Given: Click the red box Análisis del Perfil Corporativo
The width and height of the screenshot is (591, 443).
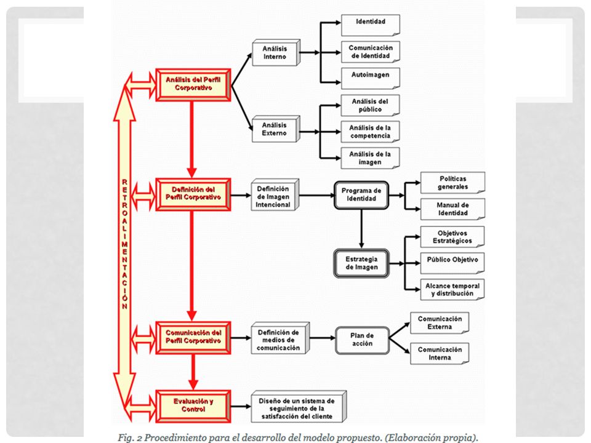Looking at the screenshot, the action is [193, 85].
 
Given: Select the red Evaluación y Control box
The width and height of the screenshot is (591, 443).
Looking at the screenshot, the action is [193, 406].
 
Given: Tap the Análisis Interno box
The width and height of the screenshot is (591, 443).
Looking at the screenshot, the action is [276, 53].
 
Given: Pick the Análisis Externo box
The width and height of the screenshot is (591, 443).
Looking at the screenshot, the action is [276, 129].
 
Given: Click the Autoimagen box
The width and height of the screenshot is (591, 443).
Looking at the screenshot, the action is [370, 78].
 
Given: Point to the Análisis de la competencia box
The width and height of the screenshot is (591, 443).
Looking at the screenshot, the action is [370, 132].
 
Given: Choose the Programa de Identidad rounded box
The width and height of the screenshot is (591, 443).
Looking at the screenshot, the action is [361, 195].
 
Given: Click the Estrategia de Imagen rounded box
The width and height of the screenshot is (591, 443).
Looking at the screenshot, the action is [361, 263].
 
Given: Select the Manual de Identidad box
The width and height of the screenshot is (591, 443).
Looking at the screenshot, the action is [452, 209].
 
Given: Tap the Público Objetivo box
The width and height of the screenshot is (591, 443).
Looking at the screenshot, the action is [452, 263].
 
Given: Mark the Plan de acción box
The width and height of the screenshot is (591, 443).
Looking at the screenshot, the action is [362, 340].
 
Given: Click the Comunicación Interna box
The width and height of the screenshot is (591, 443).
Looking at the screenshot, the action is [440, 353].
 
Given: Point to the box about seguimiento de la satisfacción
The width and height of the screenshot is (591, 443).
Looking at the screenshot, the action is [299, 407].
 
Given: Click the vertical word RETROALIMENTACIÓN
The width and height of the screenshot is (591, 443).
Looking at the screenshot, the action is [125, 244].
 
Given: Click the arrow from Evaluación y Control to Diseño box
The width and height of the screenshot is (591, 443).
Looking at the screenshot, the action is [241, 407].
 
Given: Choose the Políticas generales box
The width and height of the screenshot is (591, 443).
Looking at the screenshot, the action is [452, 183].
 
